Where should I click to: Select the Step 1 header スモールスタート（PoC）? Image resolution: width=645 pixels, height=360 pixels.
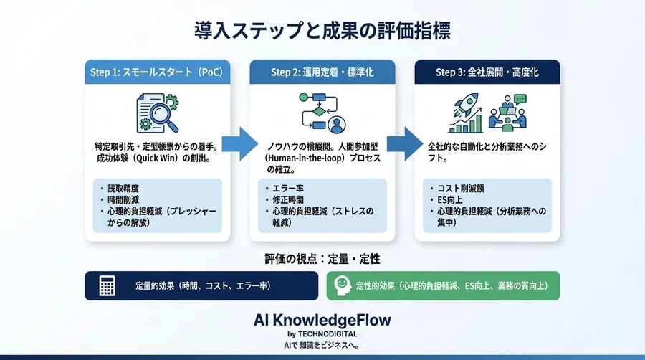point(157,72)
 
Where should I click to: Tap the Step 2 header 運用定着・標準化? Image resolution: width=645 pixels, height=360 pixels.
point(322,72)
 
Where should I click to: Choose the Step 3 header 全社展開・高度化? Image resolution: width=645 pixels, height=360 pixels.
point(487,72)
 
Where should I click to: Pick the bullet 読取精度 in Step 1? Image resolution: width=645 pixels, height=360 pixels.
point(123,189)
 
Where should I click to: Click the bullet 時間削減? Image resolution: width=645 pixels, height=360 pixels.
point(123,201)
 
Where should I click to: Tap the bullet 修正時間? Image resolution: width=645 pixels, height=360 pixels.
point(287,201)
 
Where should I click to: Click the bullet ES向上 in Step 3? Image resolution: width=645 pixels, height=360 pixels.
point(451,201)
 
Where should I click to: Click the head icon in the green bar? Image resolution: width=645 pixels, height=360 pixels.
point(343,285)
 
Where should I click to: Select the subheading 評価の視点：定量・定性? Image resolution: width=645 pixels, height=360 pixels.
point(322,257)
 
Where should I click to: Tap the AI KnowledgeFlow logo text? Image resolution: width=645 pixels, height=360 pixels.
point(322,319)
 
